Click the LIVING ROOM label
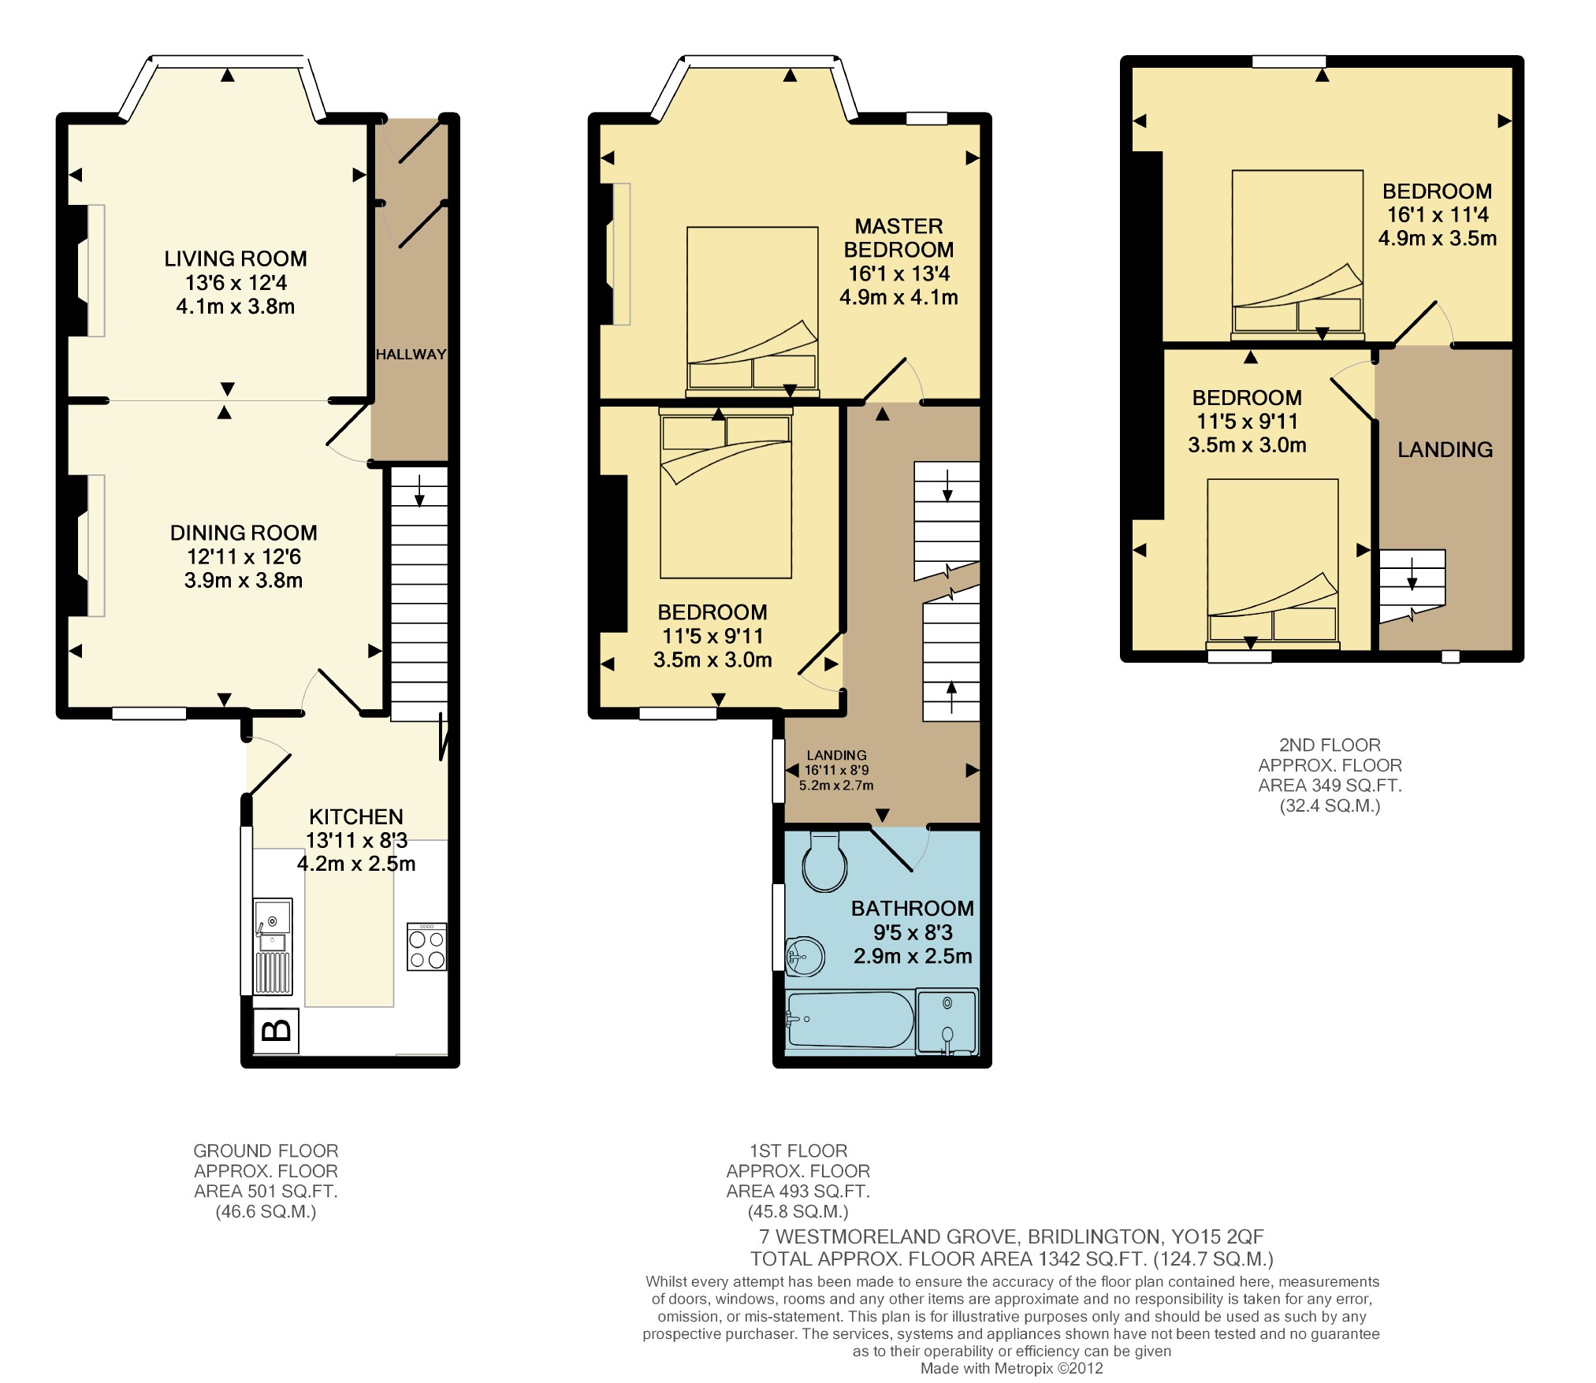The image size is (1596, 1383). point(236,259)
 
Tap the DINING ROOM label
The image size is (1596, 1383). point(244,533)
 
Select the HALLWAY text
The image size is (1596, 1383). point(411,355)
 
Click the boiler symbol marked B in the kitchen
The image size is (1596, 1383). point(276,1030)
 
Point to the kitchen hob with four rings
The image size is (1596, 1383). point(427,946)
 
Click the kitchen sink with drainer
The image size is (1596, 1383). point(273,946)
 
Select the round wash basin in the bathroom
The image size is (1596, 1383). point(805,957)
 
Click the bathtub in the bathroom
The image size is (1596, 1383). point(850,1020)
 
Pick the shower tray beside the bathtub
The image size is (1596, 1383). point(947,1022)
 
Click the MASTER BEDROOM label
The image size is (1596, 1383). point(899,238)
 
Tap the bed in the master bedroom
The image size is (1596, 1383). point(753,313)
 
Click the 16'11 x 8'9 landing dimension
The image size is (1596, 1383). point(837,771)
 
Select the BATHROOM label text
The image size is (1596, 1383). point(913,909)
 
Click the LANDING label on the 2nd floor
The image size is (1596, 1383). point(1445,450)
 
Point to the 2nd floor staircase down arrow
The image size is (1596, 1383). point(1412,574)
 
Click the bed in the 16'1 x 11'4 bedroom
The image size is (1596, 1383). point(1298,255)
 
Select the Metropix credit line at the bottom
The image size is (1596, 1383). point(1012,1369)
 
